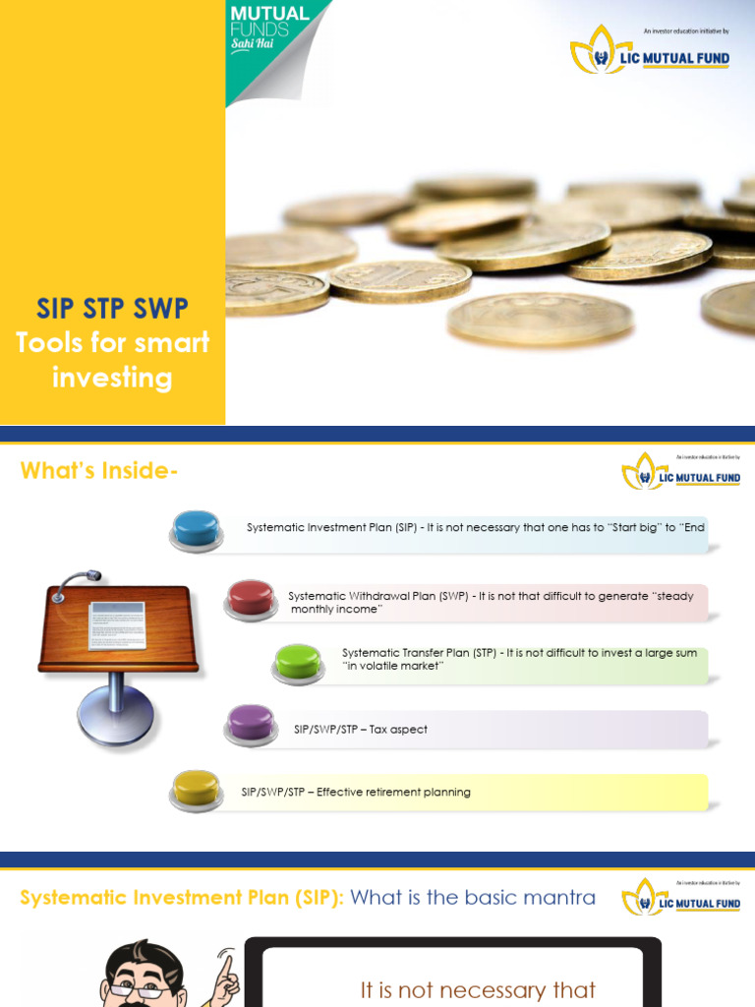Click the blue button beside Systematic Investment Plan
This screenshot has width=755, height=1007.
[x=197, y=529]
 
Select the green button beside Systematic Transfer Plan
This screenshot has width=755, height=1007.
[x=299, y=662]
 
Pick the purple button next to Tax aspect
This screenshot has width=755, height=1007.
[x=251, y=724]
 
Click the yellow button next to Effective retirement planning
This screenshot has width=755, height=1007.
[x=197, y=789]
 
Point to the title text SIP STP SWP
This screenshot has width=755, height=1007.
[x=112, y=309]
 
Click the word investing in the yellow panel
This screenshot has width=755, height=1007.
[x=112, y=378]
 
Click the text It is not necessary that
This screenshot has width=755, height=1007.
[x=478, y=989]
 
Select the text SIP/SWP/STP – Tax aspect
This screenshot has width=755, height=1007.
[x=361, y=730]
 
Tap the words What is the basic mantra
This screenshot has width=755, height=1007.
[x=473, y=897]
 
